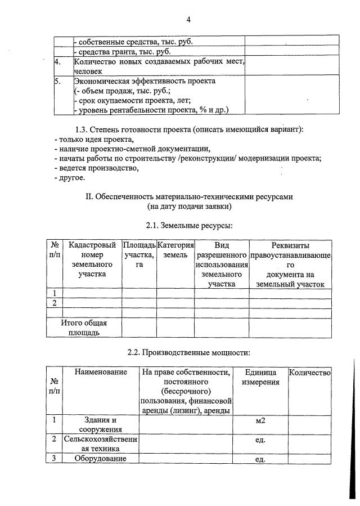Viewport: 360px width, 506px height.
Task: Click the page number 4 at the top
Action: [188, 20]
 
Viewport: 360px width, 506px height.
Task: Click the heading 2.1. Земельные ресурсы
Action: [188, 226]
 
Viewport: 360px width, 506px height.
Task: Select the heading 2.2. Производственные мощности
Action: [188, 353]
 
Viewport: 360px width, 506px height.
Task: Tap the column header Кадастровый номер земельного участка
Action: [92, 259]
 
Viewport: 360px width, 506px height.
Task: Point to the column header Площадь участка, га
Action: [139, 255]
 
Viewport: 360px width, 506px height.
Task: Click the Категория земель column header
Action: [175, 250]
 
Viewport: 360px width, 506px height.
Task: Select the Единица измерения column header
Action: [260, 377]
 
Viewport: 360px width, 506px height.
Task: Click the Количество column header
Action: [309, 373]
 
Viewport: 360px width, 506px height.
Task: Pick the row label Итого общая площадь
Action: [84, 328]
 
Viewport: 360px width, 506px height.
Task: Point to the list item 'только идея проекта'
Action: [94, 139]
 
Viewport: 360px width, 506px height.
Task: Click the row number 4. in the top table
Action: [58, 62]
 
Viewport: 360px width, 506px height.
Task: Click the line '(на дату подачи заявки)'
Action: [188, 206]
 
